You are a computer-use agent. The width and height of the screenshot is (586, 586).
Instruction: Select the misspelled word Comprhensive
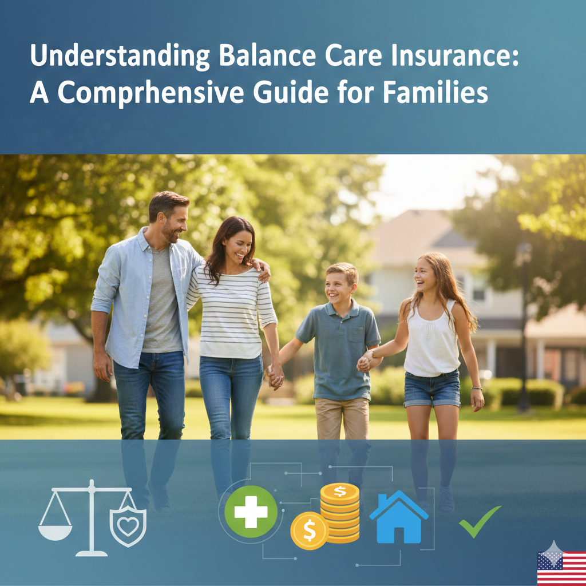(x=151, y=92)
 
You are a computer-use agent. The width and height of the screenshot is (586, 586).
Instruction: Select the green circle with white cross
(x=251, y=512)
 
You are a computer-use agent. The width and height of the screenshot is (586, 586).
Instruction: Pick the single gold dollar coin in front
(x=310, y=530)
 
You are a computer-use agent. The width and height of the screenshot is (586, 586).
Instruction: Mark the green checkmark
(x=480, y=521)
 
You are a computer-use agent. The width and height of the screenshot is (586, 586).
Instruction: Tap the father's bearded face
(x=174, y=224)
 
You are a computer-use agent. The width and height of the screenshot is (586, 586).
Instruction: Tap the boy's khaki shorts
(x=342, y=418)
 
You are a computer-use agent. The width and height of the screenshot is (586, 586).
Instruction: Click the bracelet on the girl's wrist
(x=477, y=389)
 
